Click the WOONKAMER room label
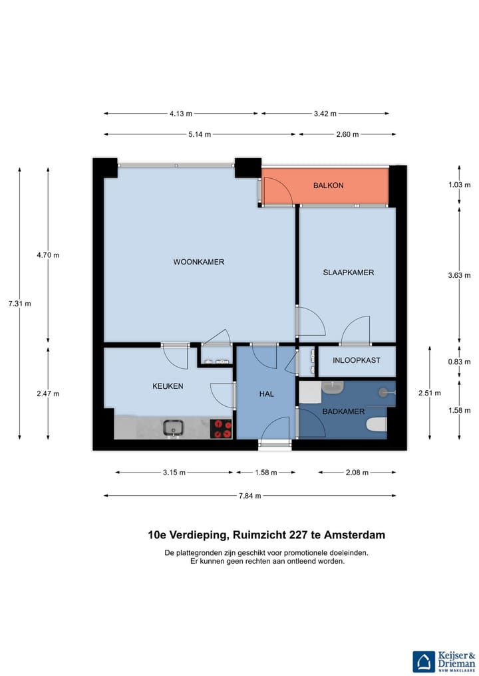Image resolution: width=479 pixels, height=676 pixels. click(198, 262)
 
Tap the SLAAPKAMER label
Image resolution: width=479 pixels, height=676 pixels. click(348, 273)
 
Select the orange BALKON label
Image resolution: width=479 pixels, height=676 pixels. click(329, 185)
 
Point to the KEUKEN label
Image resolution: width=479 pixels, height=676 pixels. click(168, 386)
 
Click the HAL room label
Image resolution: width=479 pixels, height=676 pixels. click(266, 394)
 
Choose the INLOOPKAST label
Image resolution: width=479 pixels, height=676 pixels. click(357, 360)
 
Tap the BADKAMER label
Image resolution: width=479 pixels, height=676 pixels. click(343, 411)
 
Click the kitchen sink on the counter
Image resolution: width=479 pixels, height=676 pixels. click(173, 428)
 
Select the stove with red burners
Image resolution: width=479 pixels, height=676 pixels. click(221, 429)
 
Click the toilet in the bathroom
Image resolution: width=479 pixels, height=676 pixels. click(377, 425)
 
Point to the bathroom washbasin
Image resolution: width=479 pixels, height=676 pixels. click(332, 387)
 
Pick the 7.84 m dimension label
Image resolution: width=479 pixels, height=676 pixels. click(250, 496)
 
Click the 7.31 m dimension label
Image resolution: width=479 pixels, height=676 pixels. click(20, 304)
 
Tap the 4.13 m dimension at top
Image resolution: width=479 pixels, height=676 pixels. click(181, 114)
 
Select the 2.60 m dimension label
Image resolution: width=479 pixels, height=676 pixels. click(347, 134)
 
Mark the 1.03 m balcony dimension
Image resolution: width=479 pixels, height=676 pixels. click(459, 185)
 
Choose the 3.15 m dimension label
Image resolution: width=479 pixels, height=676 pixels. click(174, 473)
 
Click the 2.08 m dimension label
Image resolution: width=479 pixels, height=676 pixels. click(357, 473)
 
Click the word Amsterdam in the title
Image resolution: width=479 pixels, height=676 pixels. click(355, 535)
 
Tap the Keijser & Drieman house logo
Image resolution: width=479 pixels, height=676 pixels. click(424, 662)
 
